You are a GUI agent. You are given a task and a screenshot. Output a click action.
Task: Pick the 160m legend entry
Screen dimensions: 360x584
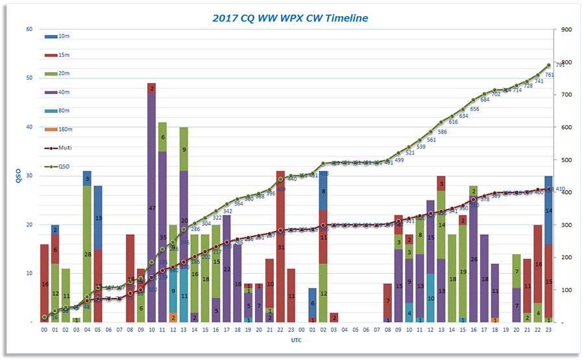[x=62, y=129]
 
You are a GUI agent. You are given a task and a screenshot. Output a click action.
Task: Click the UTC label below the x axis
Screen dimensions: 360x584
[x=295, y=340]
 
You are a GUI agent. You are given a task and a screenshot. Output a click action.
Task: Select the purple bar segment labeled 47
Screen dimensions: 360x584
[x=151, y=208]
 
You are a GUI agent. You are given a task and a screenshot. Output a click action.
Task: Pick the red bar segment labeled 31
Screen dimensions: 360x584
[x=280, y=246]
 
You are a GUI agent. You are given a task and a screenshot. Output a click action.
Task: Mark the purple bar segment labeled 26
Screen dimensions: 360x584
[x=473, y=258]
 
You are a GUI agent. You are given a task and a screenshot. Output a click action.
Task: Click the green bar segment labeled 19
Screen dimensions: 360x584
[x=463, y=271]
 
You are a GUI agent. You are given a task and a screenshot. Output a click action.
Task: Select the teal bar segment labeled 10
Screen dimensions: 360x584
[x=430, y=297]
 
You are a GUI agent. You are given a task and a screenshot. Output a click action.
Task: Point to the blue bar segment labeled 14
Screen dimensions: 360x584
[x=548, y=210]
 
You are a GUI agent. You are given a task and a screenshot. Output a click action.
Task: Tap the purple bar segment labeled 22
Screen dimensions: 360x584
[x=226, y=269]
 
